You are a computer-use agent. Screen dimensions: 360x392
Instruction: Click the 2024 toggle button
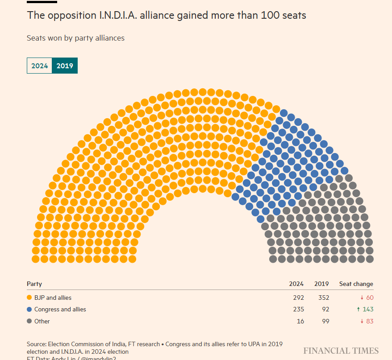click(39, 66)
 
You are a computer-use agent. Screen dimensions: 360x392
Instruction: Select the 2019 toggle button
click(65, 66)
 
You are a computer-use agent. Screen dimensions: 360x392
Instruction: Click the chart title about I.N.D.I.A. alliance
click(167, 15)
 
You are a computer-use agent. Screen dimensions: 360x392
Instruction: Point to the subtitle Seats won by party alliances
click(75, 38)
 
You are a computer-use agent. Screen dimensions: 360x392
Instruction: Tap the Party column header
click(34, 284)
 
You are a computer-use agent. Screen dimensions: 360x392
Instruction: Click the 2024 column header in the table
click(296, 284)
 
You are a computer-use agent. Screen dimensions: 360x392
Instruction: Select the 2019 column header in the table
click(321, 284)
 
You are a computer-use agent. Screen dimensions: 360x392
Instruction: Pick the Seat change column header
click(356, 284)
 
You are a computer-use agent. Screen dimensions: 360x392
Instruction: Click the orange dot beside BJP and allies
click(29, 298)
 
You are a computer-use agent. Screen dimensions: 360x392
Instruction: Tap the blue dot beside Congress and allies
click(29, 309)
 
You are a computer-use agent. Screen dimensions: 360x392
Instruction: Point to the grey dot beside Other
click(29, 321)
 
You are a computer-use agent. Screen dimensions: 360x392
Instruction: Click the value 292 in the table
click(298, 298)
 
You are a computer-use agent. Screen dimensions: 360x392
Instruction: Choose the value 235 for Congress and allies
click(298, 309)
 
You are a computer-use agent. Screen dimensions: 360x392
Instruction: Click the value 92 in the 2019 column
click(325, 309)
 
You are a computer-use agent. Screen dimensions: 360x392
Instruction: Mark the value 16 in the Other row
click(300, 321)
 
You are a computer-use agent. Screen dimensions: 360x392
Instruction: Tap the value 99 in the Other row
click(325, 321)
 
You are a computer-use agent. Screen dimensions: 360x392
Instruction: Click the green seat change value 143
click(366, 309)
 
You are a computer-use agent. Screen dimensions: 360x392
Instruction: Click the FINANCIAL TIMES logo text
click(341, 351)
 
